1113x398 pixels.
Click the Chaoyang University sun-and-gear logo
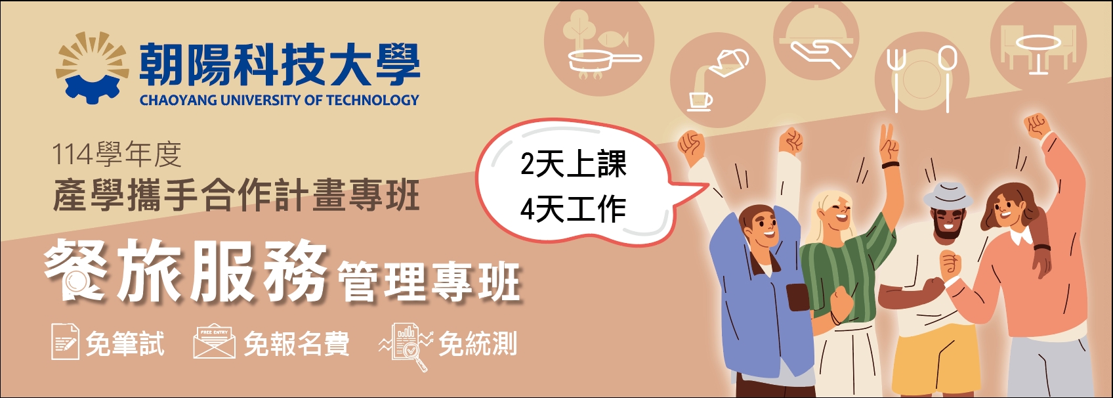89,67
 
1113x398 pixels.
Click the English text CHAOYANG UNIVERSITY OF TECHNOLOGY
280,100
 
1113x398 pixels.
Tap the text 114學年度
117,154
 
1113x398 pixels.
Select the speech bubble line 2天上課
574,164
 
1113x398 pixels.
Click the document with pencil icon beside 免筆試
65,342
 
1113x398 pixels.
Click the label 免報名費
297,343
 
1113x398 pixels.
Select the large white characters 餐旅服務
186,271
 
